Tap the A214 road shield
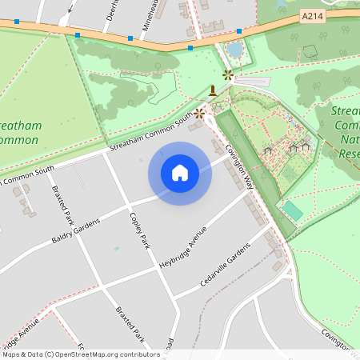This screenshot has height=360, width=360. pyautogui.click(x=312, y=15)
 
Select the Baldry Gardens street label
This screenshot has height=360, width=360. pyautogui.click(x=76, y=230)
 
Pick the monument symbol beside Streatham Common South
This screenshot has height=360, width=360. pyautogui.click(x=213, y=90)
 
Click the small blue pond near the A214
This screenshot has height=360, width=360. pyautogui.click(x=234, y=50)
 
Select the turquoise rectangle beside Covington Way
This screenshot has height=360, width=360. pyautogui.click(x=293, y=212)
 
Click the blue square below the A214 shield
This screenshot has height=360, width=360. pyautogui.click(x=239, y=31)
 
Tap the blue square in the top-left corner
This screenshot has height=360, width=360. pyautogui.click(x=16, y=22)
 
